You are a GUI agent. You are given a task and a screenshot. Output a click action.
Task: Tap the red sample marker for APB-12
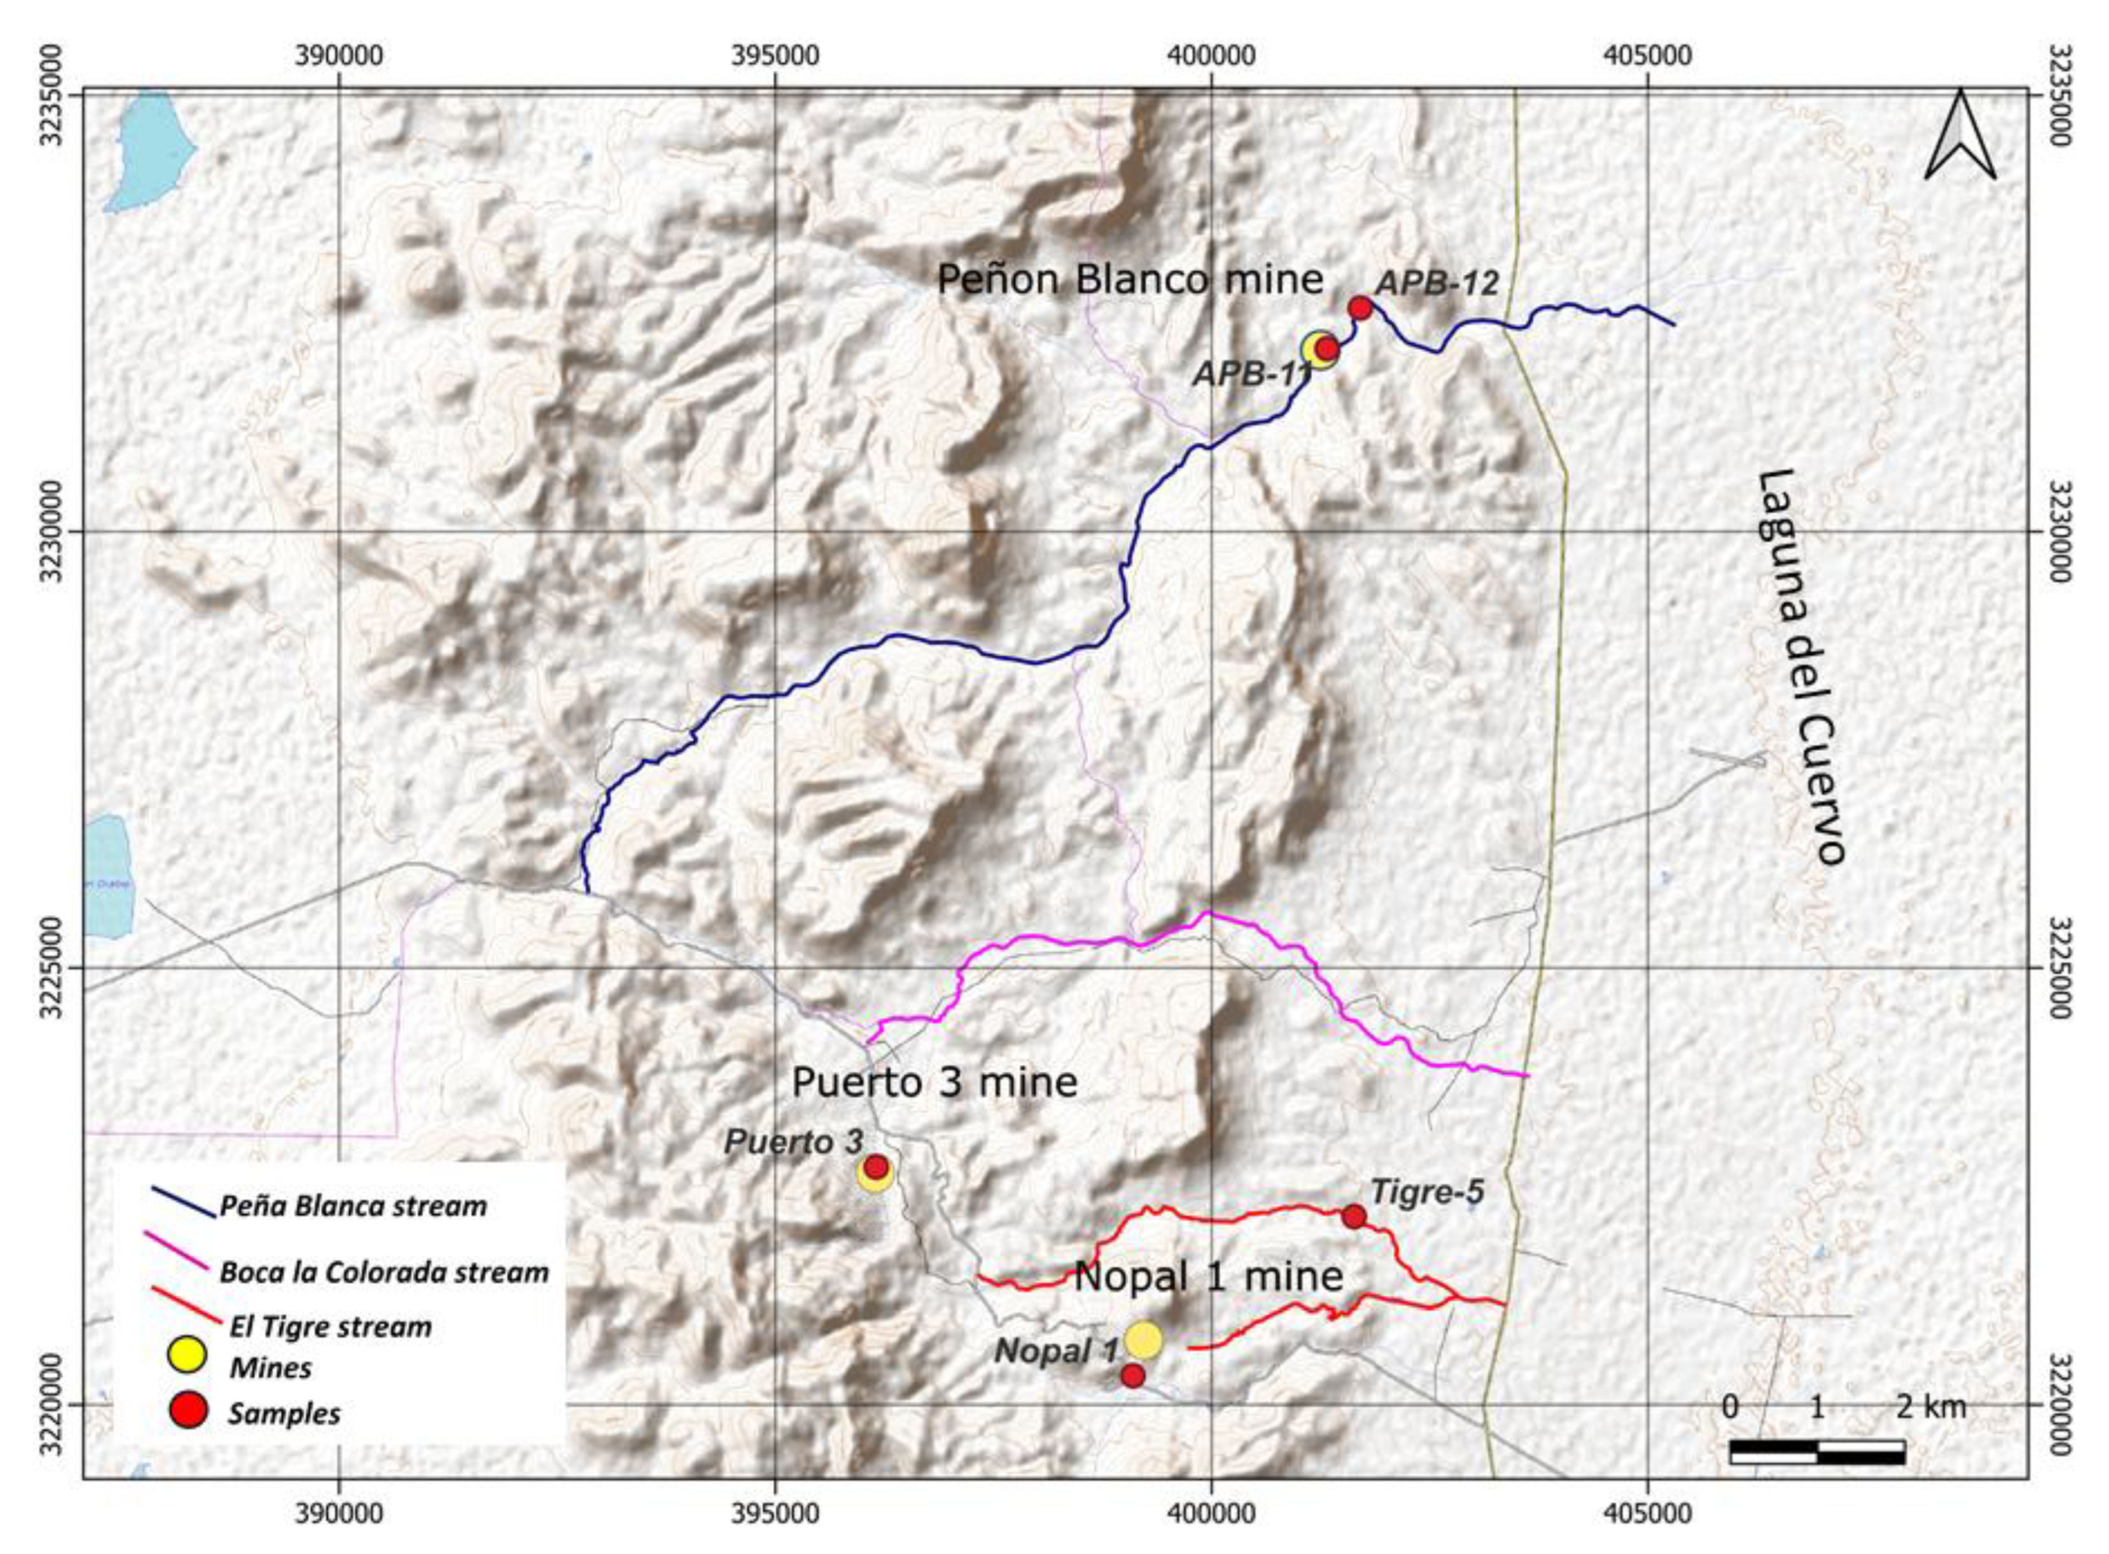tap(1359, 308)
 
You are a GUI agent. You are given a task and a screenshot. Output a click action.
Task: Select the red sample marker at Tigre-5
tap(1354, 1216)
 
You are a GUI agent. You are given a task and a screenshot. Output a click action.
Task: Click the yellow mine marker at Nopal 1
tap(1144, 1340)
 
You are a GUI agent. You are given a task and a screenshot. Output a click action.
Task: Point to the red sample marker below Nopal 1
tap(1132, 1376)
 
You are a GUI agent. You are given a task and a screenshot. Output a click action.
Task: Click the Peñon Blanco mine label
tap(1130, 279)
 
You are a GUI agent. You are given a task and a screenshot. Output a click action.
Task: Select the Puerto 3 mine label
tap(934, 1082)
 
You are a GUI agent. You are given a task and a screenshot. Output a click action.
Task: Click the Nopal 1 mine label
tap(1209, 1277)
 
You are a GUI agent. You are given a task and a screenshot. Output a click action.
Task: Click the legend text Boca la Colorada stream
tap(384, 1273)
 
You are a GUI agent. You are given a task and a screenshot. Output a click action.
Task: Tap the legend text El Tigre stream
tap(330, 1327)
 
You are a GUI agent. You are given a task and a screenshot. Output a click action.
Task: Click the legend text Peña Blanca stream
tap(353, 1206)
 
